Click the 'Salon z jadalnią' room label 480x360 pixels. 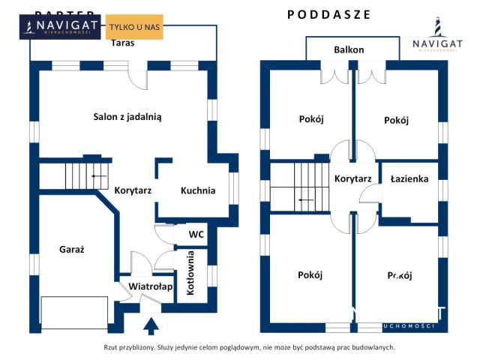[x=127, y=116]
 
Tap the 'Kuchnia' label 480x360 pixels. [x=198, y=190]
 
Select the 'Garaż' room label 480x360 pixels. [x=71, y=250]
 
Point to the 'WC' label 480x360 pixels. [x=196, y=234]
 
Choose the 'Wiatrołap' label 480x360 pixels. [x=151, y=286]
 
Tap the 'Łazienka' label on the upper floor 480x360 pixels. [x=409, y=179]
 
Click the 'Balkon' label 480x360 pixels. [x=349, y=49]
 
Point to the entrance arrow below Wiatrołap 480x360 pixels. [x=151, y=325]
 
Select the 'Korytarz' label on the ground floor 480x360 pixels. [x=133, y=190]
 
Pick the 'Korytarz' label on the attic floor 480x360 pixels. [x=353, y=179]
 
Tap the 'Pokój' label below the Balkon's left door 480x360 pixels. [x=310, y=120]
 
